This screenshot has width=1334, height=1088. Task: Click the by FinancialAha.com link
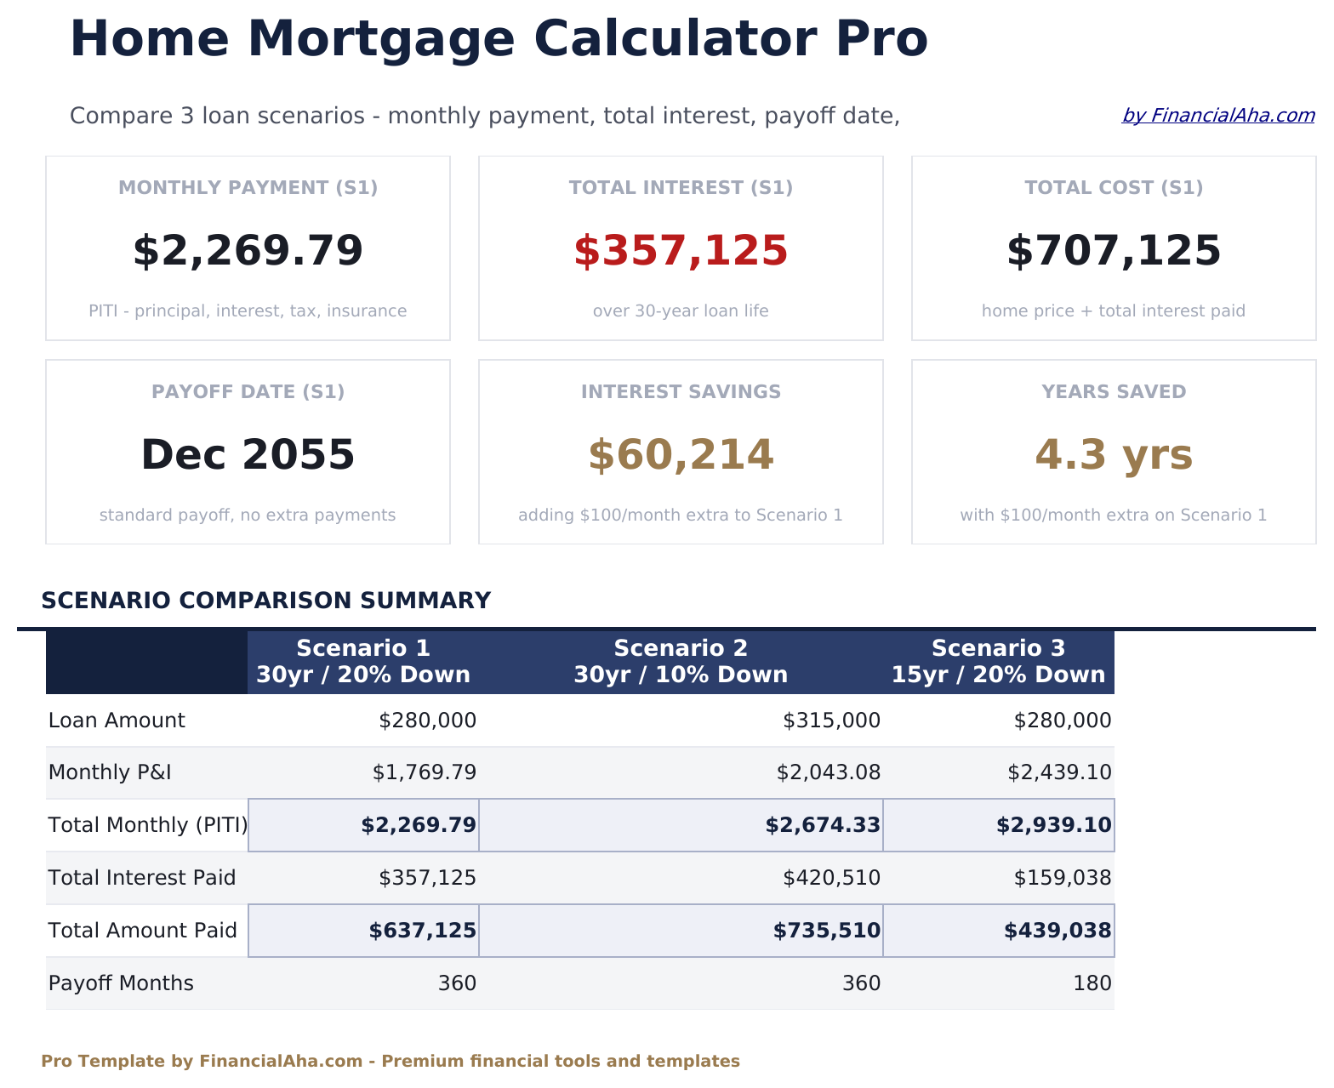tap(1217, 116)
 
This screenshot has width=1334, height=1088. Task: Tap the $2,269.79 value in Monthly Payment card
tap(248, 252)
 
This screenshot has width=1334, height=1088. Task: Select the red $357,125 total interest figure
tap(681, 252)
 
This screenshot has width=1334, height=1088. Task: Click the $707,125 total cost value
tap(1114, 252)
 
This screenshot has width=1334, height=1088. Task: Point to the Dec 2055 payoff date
tap(248, 455)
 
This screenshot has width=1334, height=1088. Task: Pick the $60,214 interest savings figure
tap(681, 455)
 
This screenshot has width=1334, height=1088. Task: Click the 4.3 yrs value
tap(1114, 455)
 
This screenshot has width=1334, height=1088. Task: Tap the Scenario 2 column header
tap(681, 662)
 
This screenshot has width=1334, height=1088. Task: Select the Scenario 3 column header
tap(998, 662)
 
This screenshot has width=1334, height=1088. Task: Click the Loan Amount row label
tap(117, 721)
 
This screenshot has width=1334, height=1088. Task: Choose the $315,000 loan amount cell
tap(831, 721)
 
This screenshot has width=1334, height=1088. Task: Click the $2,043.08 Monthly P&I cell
tap(828, 773)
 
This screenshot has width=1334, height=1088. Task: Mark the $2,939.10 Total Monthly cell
tap(1053, 825)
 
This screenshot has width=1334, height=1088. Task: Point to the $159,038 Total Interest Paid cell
tap(1062, 878)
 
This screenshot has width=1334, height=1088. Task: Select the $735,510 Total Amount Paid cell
tap(826, 931)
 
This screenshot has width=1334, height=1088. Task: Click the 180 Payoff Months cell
tap(1093, 983)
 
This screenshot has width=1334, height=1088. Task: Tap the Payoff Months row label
tap(121, 983)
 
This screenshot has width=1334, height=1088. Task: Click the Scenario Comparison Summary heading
tap(265, 601)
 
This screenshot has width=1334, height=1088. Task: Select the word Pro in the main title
tap(881, 39)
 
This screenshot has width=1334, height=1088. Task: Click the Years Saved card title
tap(1114, 392)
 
